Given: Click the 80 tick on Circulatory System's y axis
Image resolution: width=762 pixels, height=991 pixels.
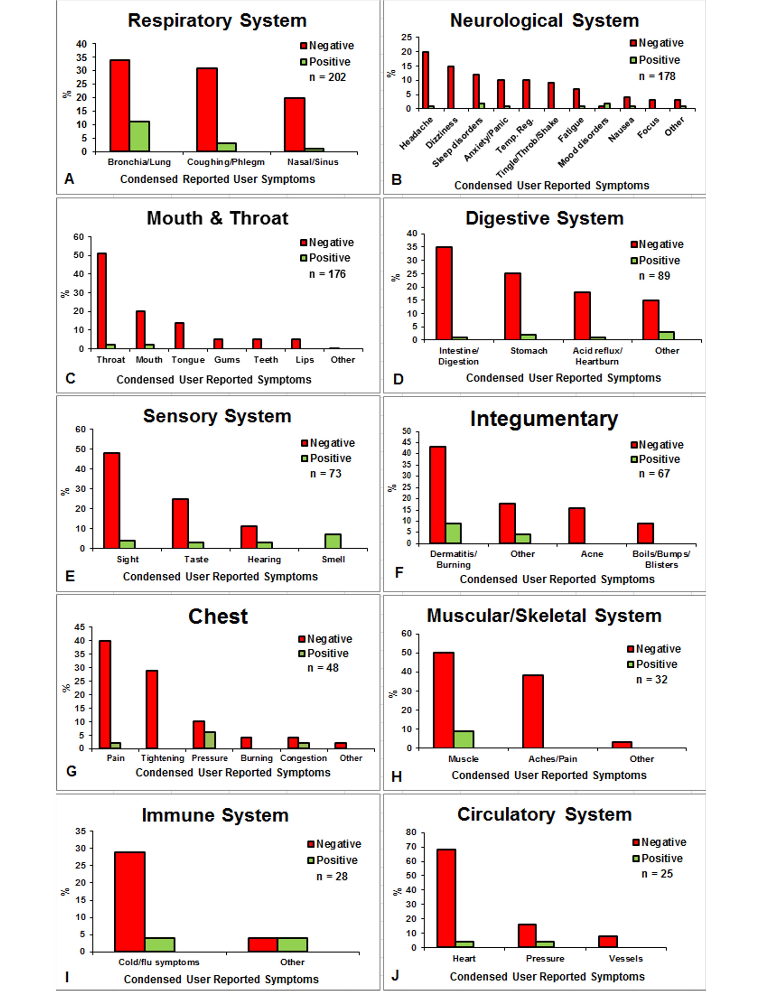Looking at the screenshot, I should [x=411, y=832].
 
